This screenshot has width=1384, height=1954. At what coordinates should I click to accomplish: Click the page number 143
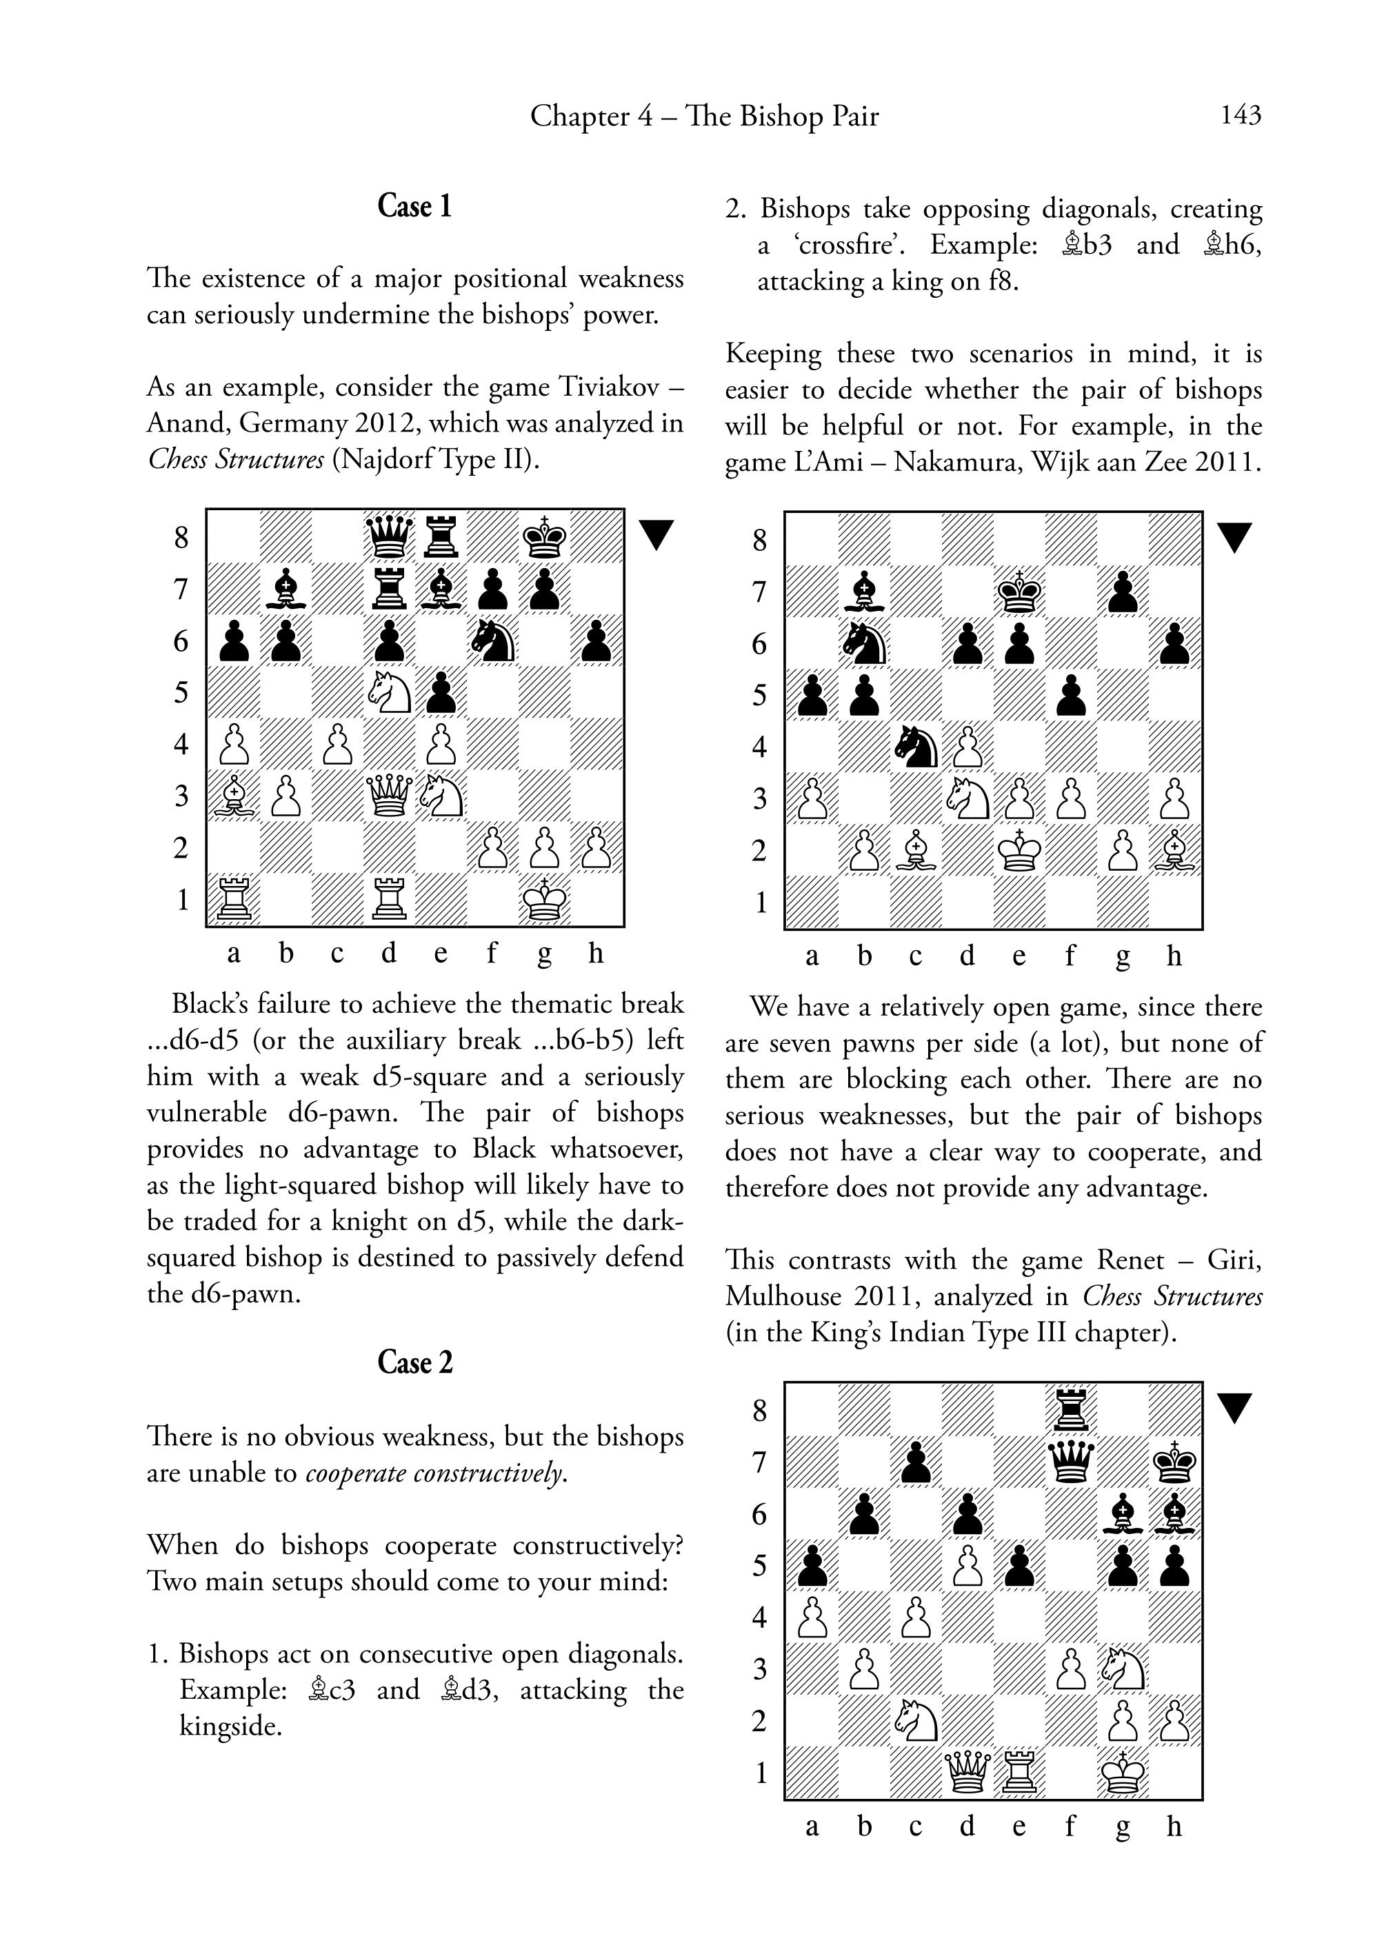pyautogui.click(x=1240, y=115)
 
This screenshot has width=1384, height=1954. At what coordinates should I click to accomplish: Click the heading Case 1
pyautogui.click(x=414, y=206)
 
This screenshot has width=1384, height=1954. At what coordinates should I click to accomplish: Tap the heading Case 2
pyautogui.click(x=414, y=1362)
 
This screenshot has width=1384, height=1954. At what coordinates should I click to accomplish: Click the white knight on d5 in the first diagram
pyautogui.click(x=390, y=693)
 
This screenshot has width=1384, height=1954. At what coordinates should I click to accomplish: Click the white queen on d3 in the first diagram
pyautogui.click(x=390, y=798)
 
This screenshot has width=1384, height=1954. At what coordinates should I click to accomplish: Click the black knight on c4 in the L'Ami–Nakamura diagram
pyautogui.click(x=915, y=747)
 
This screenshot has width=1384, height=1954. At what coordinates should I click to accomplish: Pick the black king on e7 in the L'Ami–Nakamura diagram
pyautogui.click(x=1019, y=591)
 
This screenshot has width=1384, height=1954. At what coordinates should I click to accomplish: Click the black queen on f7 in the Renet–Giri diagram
pyautogui.click(x=1071, y=1462)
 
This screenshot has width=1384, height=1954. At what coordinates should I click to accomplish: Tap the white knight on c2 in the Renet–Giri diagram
pyautogui.click(x=915, y=1722)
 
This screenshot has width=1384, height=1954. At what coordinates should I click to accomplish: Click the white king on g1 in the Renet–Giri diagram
pyautogui.click(x=1123, y=1774)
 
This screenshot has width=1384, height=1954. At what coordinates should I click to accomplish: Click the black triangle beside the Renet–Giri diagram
pyautogui.click(x=1233, y=1408)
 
